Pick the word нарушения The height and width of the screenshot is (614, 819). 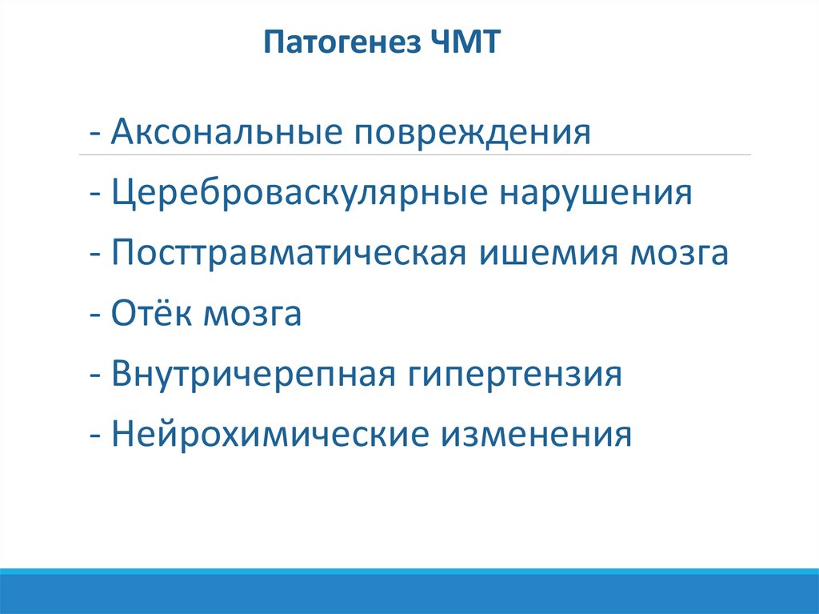pyautogui.click(x=596, y=194)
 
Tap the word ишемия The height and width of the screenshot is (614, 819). pyautogui.click(x=549, y=254)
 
